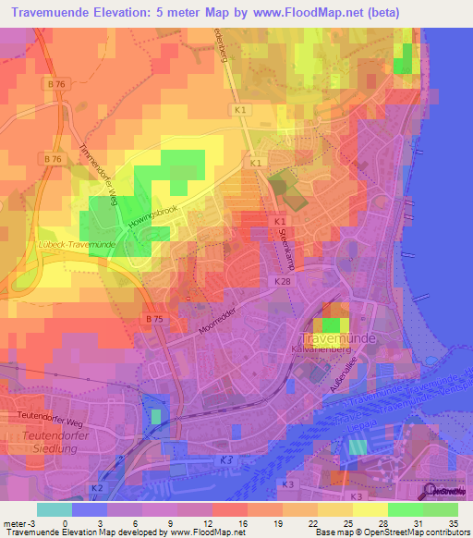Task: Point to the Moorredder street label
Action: click(216, 327)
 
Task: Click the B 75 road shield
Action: click(153, 317)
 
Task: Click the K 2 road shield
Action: click(97, 486)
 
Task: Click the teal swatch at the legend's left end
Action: click(55, 509)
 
